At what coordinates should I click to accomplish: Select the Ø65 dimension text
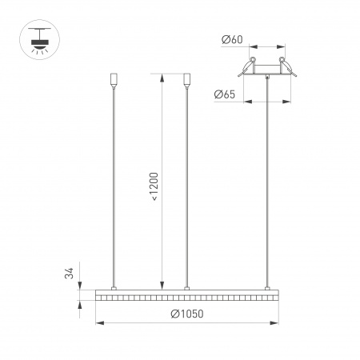tap(225, 95)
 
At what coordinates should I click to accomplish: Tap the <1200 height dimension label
tap(153, 185)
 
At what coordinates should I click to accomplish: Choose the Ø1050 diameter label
tap(186, 314)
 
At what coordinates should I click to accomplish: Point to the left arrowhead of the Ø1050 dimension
tap(99, 323)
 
